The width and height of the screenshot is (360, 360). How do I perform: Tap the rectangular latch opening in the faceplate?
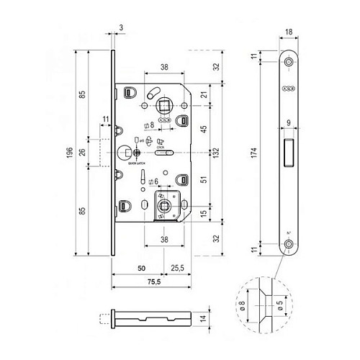coord(289,152)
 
